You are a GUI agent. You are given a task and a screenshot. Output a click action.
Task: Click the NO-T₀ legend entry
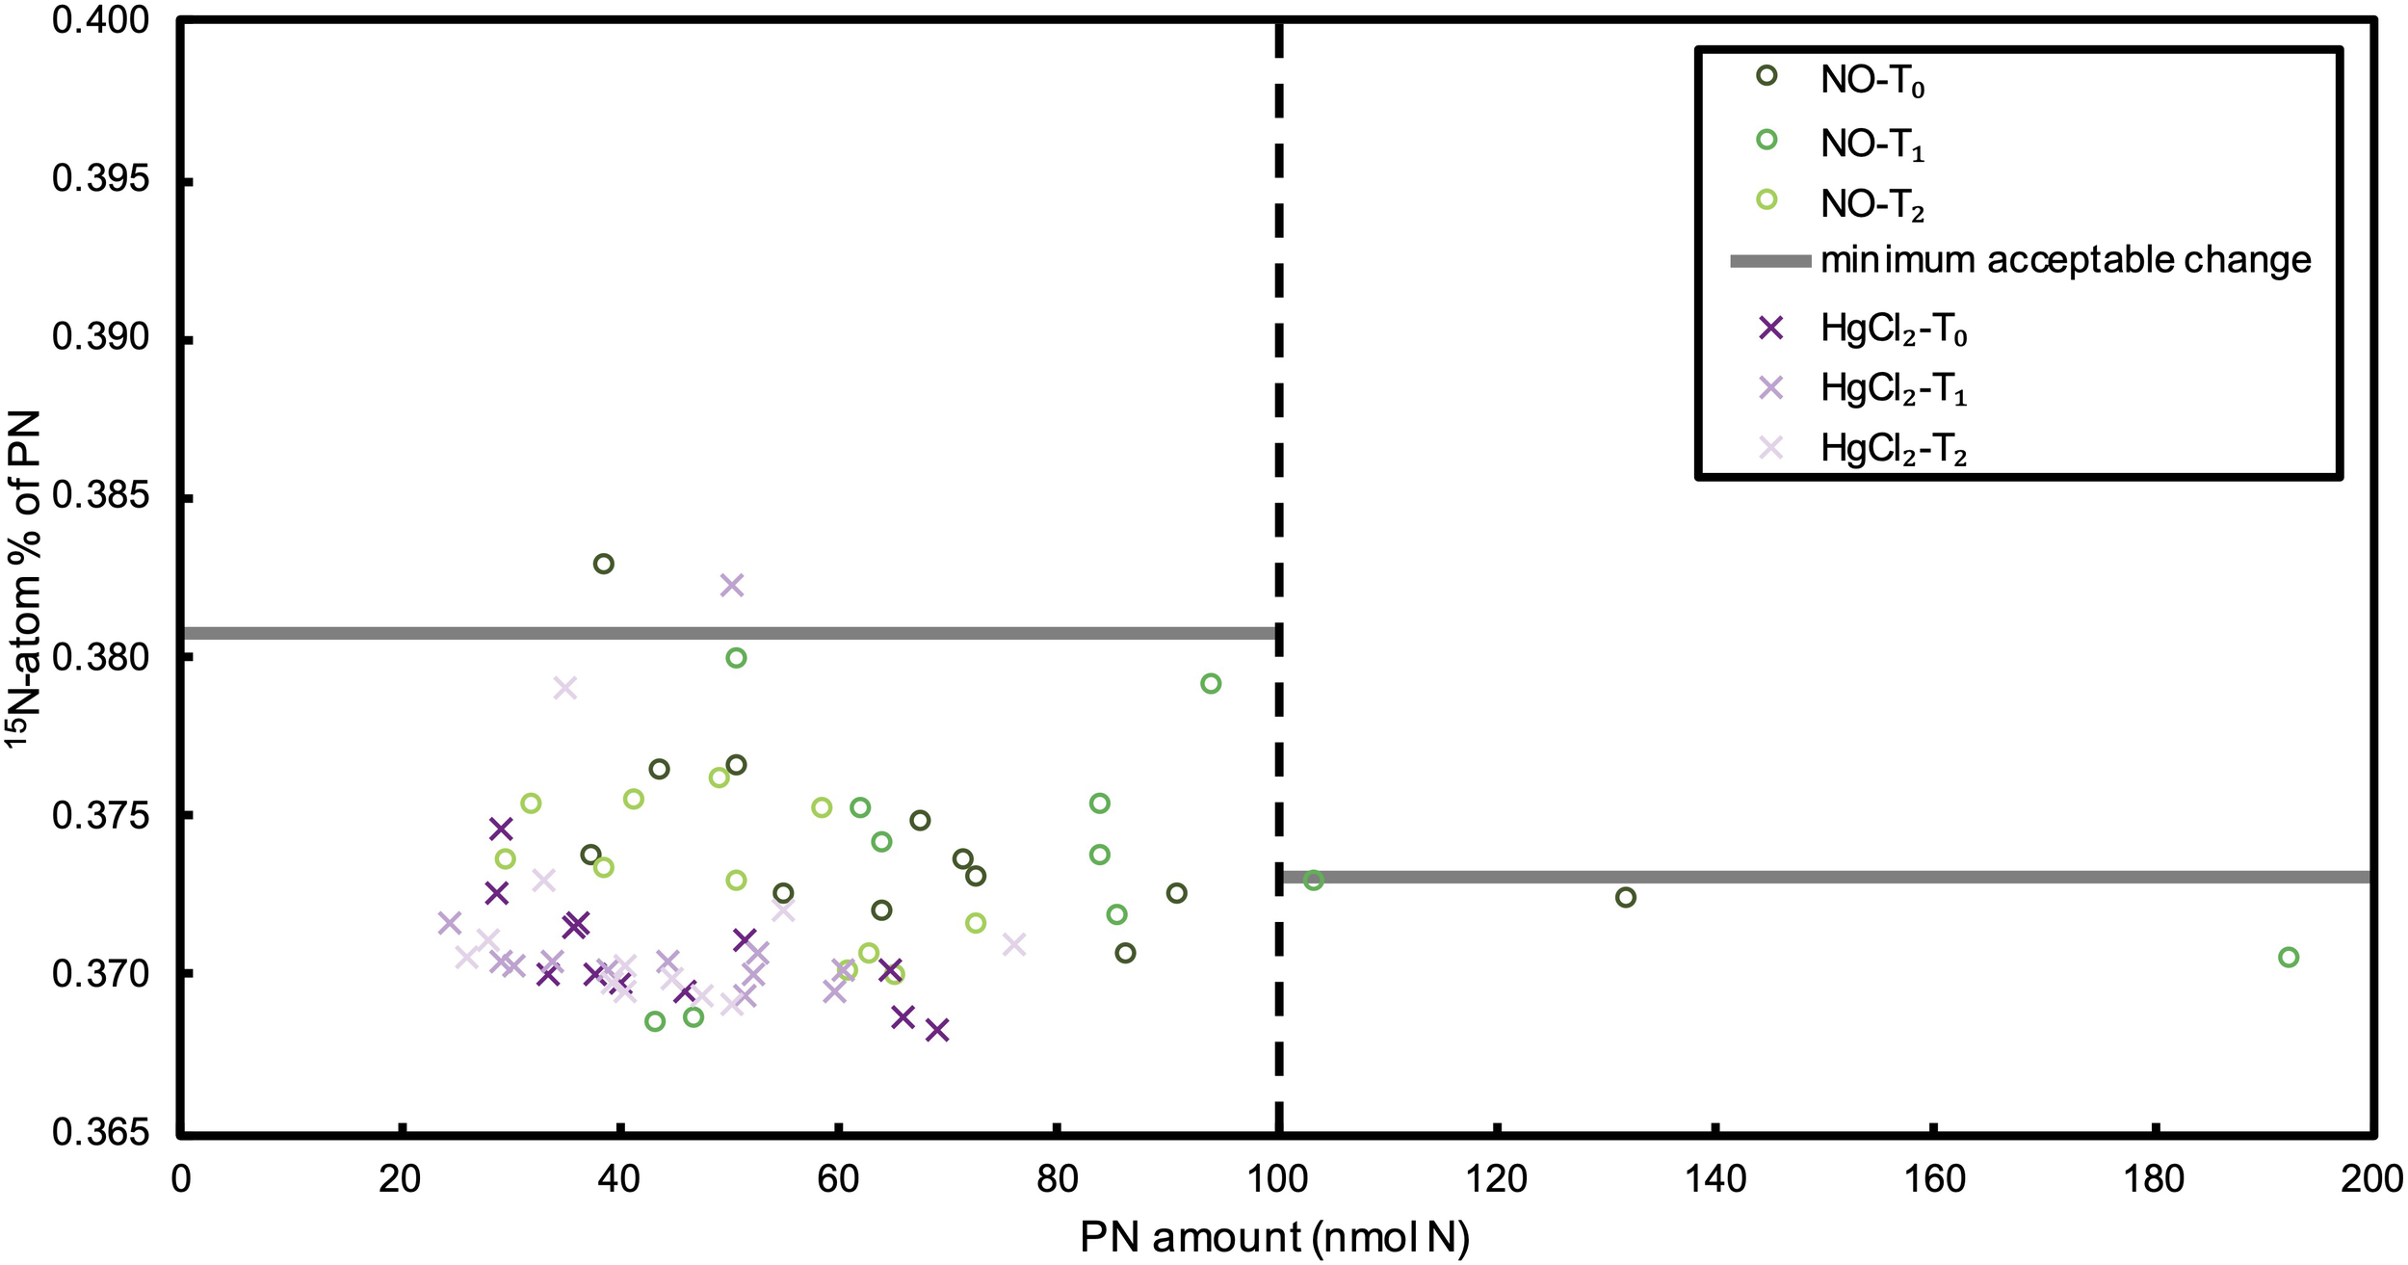tap(1871, 80)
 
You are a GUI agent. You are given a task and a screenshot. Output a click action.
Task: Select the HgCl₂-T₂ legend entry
tap(1893, 449)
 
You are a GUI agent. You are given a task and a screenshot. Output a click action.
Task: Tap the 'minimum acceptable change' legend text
tap(2065, 260)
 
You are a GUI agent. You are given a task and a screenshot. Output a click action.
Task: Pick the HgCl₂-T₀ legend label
tap(1893, 329)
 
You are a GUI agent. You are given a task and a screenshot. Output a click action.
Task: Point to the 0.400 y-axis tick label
tap(101, 21)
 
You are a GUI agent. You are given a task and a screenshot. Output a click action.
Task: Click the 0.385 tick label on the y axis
tap(101, 496)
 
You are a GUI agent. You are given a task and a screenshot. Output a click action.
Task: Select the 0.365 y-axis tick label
tap(101, 1132)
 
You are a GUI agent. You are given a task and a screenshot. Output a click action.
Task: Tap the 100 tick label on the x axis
tap(1278, 1179)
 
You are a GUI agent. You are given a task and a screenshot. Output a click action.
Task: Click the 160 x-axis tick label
tap(1935, 1179)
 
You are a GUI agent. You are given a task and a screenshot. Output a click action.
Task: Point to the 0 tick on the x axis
tap(182, 1179)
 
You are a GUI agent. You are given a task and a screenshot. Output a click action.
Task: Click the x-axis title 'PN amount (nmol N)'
tap(1274, 1238)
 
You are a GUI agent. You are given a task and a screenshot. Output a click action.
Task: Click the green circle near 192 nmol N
tap(2289, 957)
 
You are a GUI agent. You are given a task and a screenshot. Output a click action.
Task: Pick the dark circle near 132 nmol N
tap(1626, 897)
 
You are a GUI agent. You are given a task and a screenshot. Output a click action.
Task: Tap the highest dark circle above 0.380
tap(604, 564)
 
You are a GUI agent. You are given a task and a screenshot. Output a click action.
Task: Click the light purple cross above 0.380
tap(732, 585)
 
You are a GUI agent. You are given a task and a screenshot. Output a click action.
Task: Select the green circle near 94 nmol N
tap(1211, 683)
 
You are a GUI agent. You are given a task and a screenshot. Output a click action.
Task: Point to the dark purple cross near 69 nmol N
tap(937, 1030)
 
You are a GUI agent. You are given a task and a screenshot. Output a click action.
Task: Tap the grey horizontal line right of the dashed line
tap(1830, 877)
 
